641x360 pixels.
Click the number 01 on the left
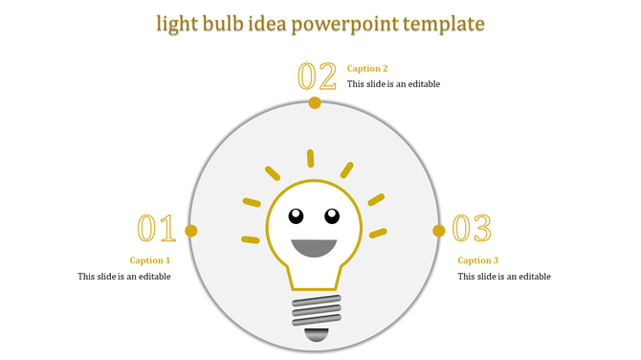[x=156, y=229]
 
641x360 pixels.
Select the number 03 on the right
[x=472, y=229]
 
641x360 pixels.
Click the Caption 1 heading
[x=150, y=260]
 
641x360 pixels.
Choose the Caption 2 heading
[x=367, y=68]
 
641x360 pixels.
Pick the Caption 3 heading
[x=478, y=260]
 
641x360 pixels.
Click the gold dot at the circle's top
[x=315, y=101]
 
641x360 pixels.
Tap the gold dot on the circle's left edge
[x=191, y=231]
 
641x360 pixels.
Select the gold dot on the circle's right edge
[x=439, y=231]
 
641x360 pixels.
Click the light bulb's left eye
[x=297, y=214]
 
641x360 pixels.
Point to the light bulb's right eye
[x=332, y=214]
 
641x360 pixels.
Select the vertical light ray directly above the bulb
[x=310, y=158]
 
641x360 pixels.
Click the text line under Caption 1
[x=124, y=277]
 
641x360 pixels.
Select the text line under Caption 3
[x=504, y=277]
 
